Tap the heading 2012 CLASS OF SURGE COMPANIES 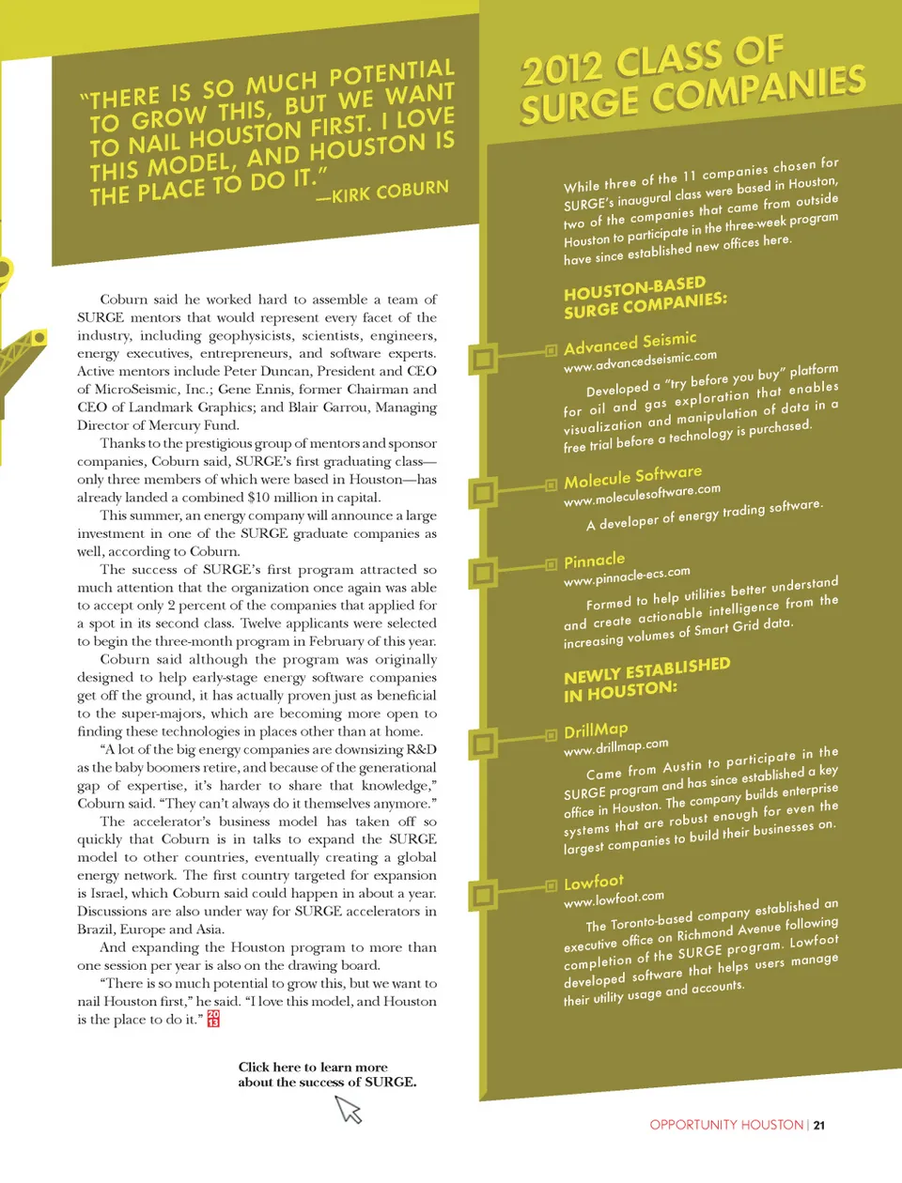click(692, 80)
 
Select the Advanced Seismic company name click(630, 343)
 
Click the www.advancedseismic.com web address click(640, 361)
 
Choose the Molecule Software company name click(632, 477)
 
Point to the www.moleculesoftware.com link click(642, 494)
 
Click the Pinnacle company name click(594, 561)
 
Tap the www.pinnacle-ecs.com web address click(627, 576)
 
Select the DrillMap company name click(596, 730)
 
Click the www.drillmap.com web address click(616, 746)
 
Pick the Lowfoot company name click(593, 883)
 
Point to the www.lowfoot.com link click(614, 899)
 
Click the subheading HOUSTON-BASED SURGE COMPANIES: click(645, 297)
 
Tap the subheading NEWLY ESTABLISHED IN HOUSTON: click(646, 680)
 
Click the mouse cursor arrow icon click(349, 1110)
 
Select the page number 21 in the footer click(819, 1125)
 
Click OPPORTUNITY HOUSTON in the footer click(726, 1125)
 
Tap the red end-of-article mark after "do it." click(213, 1019)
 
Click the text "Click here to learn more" click(313, 1067)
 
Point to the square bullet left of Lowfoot click(552, 885)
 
